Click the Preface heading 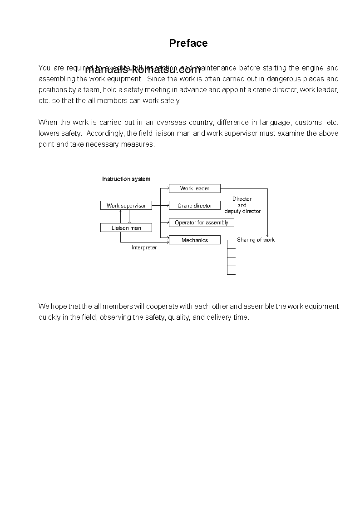188,43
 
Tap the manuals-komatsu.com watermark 143,70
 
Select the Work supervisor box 126,206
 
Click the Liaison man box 126,228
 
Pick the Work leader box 195,188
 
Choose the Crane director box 195,206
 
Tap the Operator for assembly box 202,223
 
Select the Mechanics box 195,240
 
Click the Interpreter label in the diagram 144,248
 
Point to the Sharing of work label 256,240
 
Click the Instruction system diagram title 126,179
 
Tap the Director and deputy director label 242,205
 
